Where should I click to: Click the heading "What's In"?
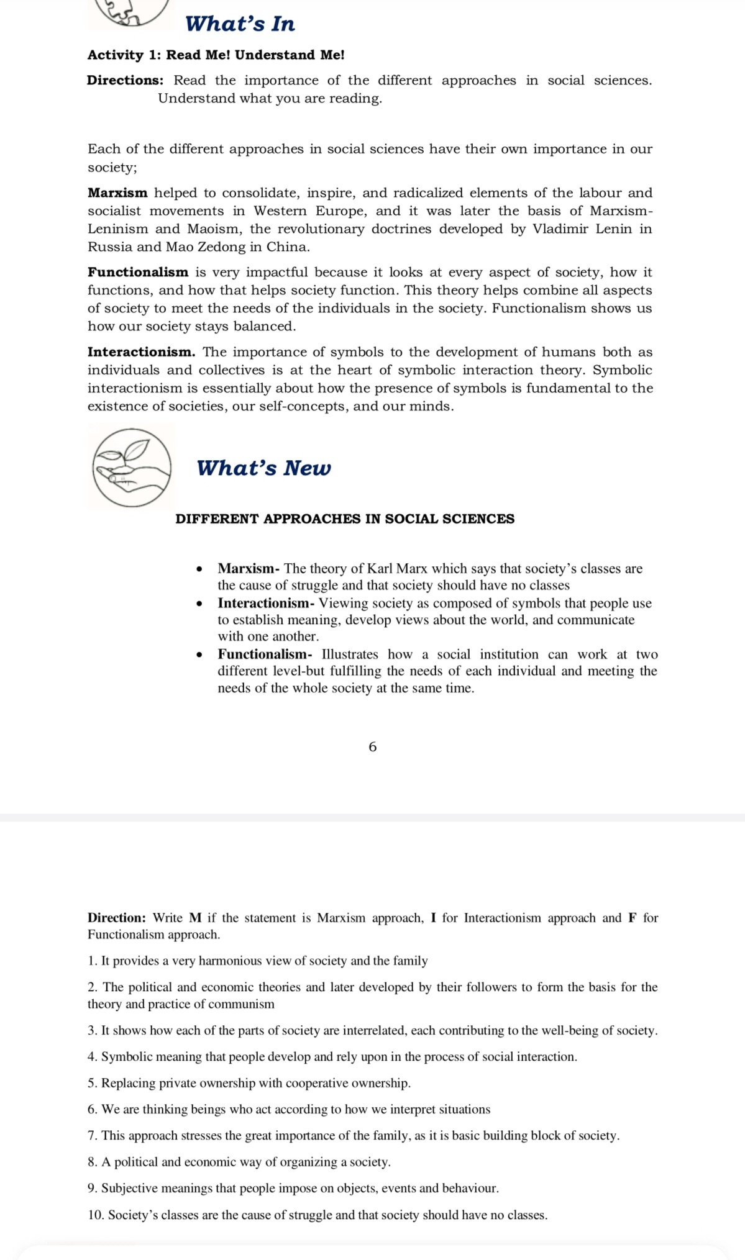click(x=240, y=24)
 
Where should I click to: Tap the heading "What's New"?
click(x=263, y=468)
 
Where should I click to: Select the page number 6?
click(x=373, y=747)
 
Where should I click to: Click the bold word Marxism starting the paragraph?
click(x=117, y=193)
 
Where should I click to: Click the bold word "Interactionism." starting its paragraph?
click(x=141, y=352)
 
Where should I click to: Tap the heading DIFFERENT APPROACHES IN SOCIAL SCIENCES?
click(x=345, y=519)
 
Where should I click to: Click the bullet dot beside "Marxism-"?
click(x=199, y=569)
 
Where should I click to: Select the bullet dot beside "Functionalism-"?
click(x=199, y=655)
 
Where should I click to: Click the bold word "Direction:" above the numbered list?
click(x=117, y=918)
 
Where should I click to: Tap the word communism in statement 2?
click(x=241, y=1004)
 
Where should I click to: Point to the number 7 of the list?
click(x=92, y=1136)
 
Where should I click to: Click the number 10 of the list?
click(x=96, y=1215)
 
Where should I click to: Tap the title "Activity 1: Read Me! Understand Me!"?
click(x=216, y=55)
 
